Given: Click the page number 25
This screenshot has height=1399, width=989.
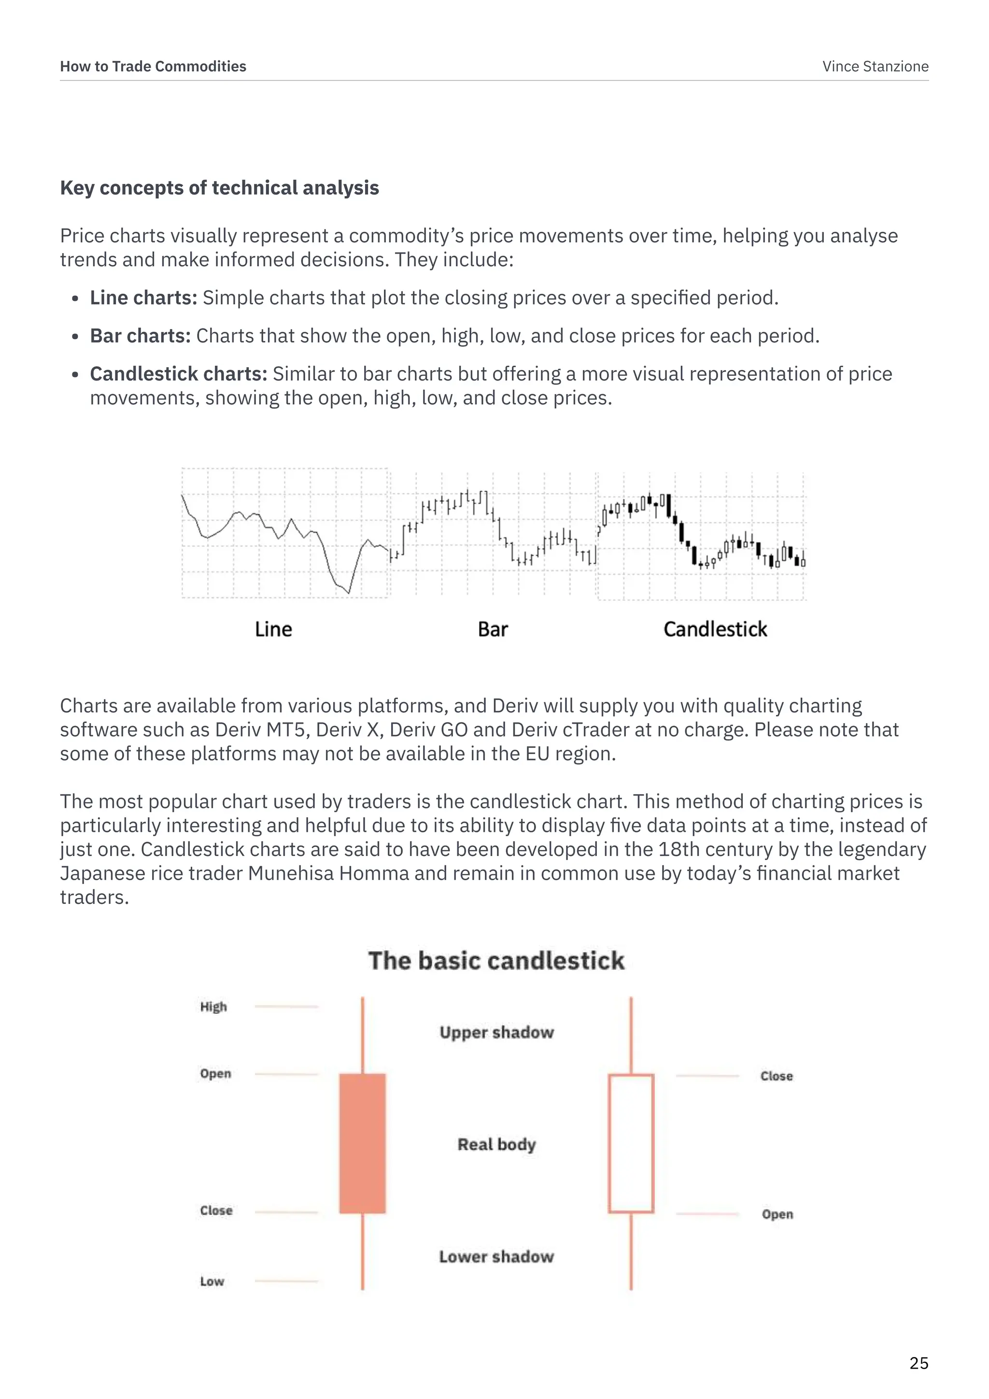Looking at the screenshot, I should tap(918, 1363).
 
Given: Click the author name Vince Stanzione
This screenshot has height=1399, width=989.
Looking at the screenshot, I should tap(875, 66).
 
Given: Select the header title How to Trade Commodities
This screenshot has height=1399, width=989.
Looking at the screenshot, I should tap(153, 66).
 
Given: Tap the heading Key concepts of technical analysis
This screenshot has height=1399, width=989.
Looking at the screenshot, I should tap(219, 187).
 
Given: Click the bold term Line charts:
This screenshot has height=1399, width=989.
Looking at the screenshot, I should tap(143, 298).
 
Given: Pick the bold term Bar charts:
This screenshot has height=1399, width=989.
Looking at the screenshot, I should tap(140, 336).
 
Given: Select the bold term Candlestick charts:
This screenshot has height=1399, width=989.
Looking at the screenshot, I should tap(178, 373).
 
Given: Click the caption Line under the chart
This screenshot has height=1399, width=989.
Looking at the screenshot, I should tap(273, 629).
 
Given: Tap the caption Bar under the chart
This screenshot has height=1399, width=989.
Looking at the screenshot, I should tap(493, 629).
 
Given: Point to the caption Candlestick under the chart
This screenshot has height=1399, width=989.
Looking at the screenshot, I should tap(715, 629).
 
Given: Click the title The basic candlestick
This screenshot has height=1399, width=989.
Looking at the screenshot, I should tap(496, 961).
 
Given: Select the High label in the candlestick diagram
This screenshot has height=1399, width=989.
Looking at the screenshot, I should tap(213, 1007).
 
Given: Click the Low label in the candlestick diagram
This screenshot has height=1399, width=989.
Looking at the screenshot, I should tap(212, 1282).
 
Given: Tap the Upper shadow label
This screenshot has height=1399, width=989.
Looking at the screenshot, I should tap(497, 1032).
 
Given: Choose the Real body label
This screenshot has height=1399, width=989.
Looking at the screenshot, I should tap(497, 1144).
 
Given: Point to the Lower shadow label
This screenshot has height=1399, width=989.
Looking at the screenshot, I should tap(497, 1256).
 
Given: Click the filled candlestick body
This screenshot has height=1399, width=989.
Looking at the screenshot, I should tap(362, 1143).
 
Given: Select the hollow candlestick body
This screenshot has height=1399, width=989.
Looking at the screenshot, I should tap(631, 1143).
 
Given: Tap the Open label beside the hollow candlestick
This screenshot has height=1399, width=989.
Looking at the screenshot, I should tap(777, 1214).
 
